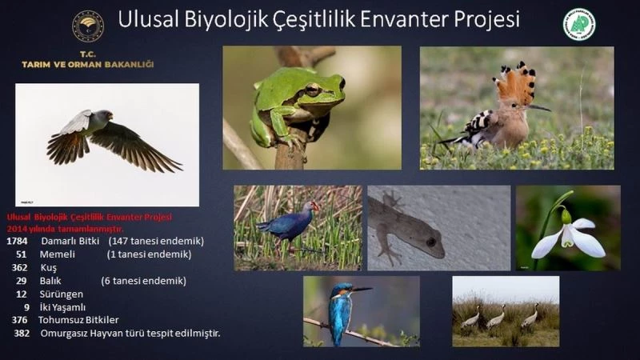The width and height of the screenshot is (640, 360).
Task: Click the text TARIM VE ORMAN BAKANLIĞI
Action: (87, 64)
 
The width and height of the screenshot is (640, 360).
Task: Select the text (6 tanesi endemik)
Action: (143, 281)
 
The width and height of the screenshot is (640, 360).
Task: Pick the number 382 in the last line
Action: (22, 333)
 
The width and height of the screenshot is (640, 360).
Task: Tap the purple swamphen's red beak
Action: (315, 206)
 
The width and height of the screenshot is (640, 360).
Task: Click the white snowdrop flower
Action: (569, 238)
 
